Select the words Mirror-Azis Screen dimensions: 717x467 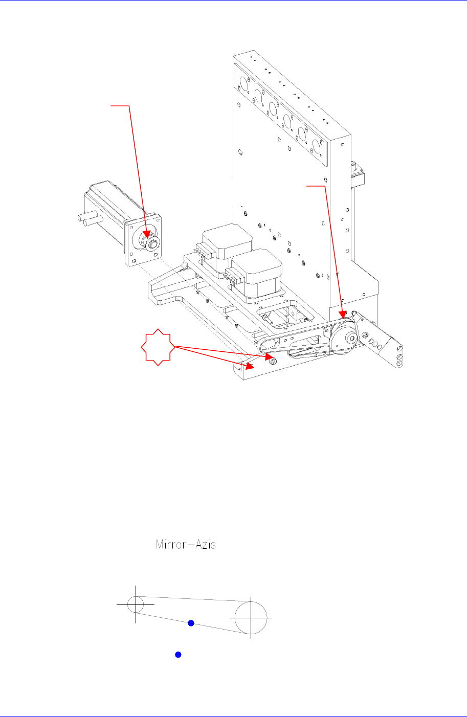click(186, 544)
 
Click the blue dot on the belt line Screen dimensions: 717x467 click(191, 623)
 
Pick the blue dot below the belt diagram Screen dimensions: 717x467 click(178, 655)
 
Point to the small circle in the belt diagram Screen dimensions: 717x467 click(136, 604)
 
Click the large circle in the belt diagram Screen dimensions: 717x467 click(251, 617)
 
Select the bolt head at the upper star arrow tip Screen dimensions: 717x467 click(272, 361)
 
